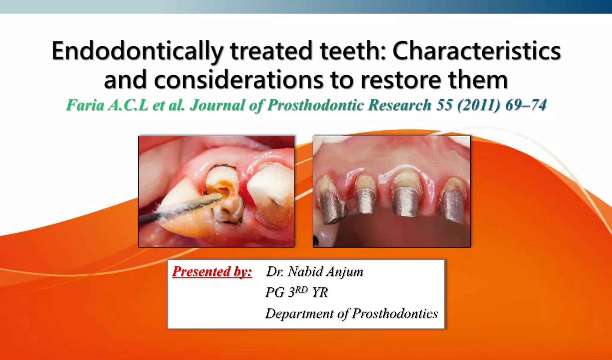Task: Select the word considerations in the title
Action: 238,80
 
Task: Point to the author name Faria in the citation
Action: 85,105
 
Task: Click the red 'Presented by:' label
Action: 212,271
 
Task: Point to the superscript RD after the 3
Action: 302,289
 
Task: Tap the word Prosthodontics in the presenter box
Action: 395,313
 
